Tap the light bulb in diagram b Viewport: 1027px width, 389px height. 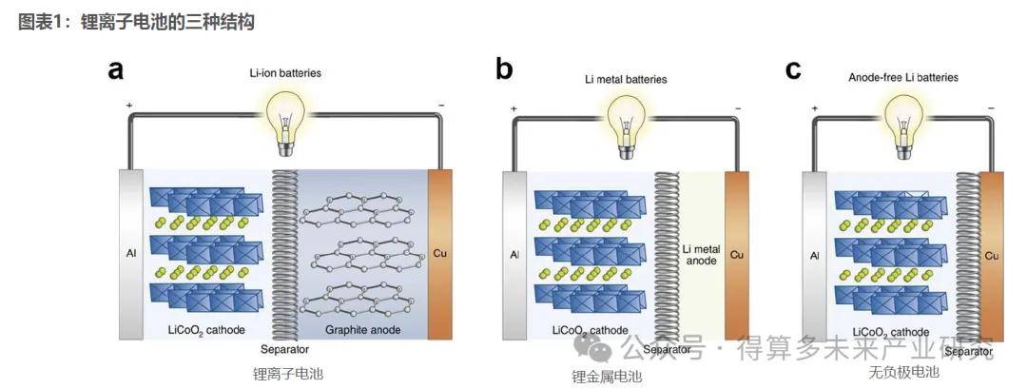[x=625, y=118]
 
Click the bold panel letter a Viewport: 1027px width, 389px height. [x=117, y=69]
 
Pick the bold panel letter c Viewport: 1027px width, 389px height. [x=792, y=69]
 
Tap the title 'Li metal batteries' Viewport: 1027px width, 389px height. [x=625, y=80]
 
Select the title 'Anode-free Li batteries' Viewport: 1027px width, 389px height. [x=902, y=77]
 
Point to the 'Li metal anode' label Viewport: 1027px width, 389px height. [x=702, y=254]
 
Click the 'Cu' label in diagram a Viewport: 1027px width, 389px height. [x=439, y=253]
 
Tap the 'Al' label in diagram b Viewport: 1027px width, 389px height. [x=513, y=255]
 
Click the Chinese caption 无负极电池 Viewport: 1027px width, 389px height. [x=902, y=372]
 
